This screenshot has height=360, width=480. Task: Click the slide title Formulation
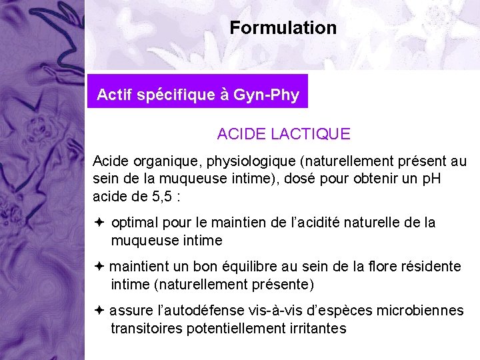click(x=283, y=28)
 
